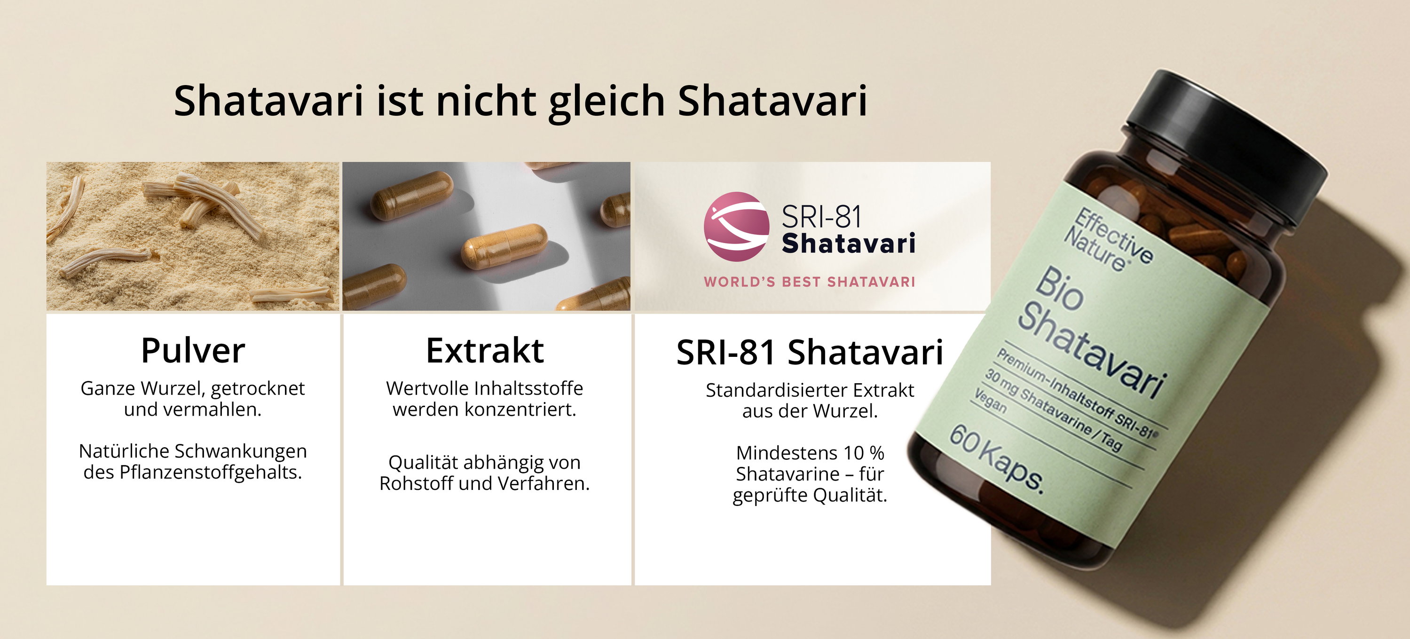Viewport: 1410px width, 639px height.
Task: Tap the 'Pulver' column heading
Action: point(193,350)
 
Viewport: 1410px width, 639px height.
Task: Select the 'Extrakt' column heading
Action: point(485,350)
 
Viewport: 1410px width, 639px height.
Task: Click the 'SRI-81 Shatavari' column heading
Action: point(810,352)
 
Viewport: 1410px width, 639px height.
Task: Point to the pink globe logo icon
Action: point(737,226)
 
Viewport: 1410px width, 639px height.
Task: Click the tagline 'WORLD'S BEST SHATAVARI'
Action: point(810,282)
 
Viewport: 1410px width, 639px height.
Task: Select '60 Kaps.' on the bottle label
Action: point(996,459)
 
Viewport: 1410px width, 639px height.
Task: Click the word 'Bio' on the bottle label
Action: point(1059,289)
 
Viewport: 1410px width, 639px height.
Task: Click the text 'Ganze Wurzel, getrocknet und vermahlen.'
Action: point(193,399)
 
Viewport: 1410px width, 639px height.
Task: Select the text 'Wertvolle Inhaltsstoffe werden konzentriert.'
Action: point(485,399)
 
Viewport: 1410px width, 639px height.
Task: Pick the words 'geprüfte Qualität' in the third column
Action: point(810,496)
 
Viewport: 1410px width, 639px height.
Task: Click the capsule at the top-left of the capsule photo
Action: point(411,196)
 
